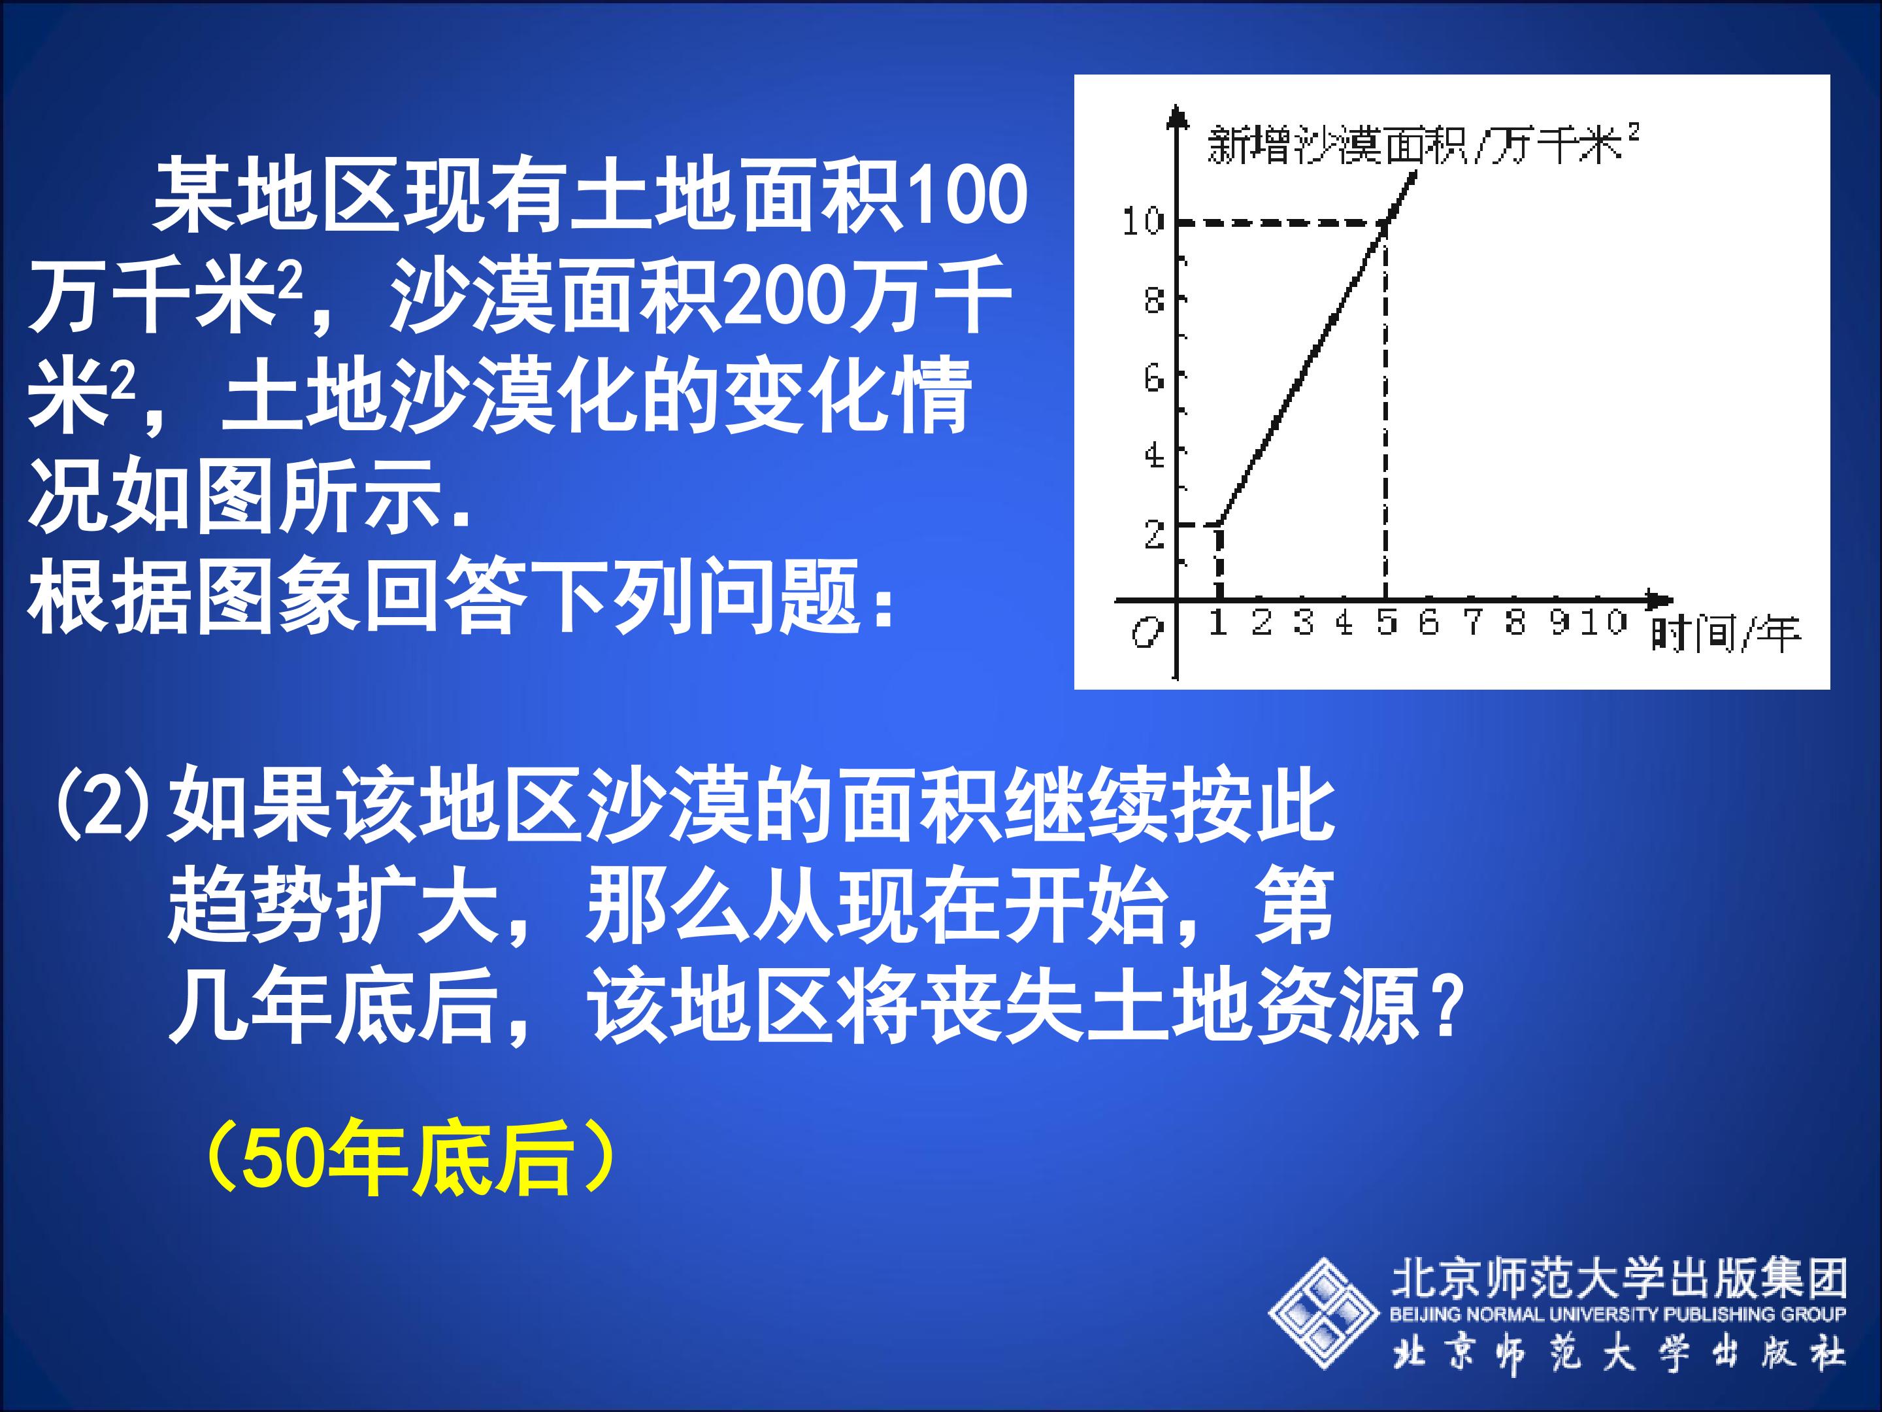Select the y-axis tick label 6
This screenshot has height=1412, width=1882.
tap(1153, 377)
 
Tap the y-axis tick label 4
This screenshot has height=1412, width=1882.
tap(1153, 456)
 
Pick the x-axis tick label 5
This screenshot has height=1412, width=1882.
tap(1387, 622)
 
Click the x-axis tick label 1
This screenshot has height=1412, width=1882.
tap(1218, 622)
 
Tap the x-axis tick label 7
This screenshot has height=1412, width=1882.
tap(1472, 622)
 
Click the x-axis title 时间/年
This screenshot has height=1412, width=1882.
tap(1725, 634)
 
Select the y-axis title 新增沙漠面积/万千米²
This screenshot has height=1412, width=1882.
tap(1423, 144)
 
